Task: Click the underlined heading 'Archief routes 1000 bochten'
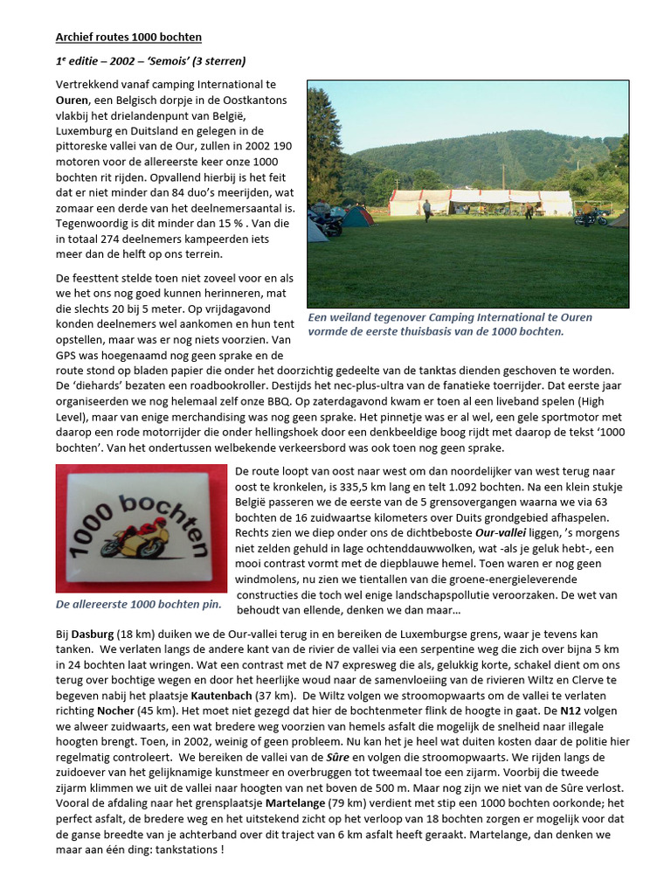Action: tap(128, 37)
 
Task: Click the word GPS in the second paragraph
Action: tap(68, 356)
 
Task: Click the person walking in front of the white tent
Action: tap(426, 210)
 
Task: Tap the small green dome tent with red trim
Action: tap(356, 217)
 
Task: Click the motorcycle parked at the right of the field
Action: tap(591, 217)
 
